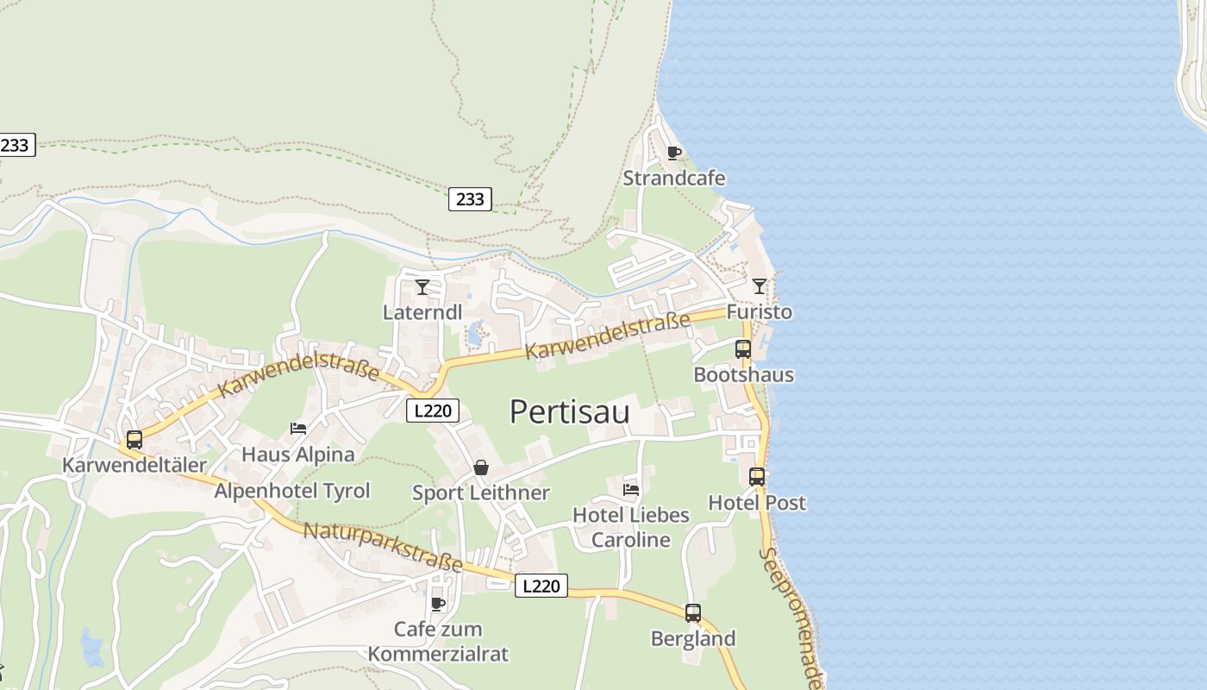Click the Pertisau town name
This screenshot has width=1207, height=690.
pos(569,411)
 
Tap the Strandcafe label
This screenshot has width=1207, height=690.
pos(674,179)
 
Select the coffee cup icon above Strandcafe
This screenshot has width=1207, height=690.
pos(674,153)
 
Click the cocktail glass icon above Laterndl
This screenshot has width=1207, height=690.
pos(422,286)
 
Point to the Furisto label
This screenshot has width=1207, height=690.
pos(759,311)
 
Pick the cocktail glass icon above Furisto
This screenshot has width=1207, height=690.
pos(759,285)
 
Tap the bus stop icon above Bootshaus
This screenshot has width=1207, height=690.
pos(743,349)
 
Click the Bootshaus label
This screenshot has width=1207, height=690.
pos(743,375)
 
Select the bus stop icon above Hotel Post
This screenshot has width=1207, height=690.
pos(757,476)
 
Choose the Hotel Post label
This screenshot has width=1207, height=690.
pos(757,502)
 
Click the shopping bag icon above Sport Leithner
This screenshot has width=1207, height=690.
pos(481,467)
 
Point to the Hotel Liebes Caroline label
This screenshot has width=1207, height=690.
pos(631,527)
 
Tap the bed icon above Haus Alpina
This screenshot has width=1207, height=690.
pos(298,428)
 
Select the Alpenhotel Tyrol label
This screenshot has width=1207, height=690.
pos(292,491)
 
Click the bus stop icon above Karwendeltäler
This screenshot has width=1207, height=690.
pos(134,439)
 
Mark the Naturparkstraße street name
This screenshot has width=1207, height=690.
pos(383,547)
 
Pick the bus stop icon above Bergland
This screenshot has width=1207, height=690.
pos(693,613)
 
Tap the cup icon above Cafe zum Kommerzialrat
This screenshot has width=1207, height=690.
pos(438,604)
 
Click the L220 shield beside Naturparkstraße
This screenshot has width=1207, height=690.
pos(541,586)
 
